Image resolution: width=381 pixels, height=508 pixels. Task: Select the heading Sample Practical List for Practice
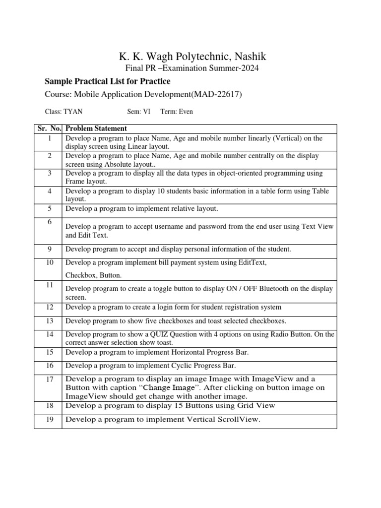(108, 81)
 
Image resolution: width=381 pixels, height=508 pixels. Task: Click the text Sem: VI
(138, 112)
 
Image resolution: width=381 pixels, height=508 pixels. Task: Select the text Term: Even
(177, 112)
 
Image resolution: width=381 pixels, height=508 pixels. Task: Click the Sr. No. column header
(48, 128)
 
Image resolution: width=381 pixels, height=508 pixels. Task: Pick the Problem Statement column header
(96, 128)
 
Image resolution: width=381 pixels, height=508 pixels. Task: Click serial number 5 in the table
(49, 208)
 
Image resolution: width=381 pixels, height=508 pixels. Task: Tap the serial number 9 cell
(49, 249)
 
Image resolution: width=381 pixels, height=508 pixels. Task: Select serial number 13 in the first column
(49, 321)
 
